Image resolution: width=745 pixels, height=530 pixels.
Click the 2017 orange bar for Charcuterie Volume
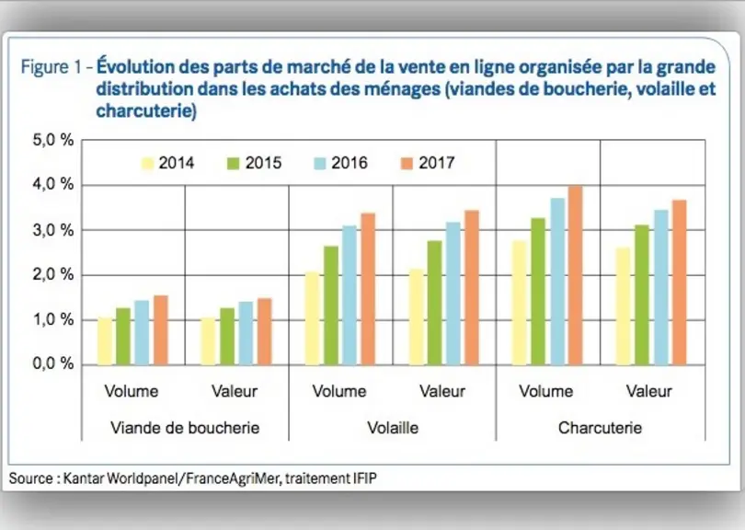tap(576, 276)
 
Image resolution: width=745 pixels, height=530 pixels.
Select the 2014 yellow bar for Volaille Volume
tap(312, 318)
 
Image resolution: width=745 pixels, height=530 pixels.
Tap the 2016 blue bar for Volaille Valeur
tap(453, 294)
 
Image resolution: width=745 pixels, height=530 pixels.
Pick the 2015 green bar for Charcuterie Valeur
tap(642, 295)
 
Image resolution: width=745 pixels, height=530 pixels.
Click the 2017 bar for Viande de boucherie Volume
tap(161, 330)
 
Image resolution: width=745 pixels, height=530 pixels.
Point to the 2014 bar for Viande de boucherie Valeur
tap(208, 341)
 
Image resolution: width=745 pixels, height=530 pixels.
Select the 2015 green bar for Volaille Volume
tap(331, 305)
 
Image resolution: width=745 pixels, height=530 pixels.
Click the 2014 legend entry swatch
tap(148, 164)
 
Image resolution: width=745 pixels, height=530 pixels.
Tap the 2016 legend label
tap(350, 163)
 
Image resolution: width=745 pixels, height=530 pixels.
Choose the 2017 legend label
tap(437, 163)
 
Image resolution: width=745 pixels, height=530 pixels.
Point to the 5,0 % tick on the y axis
tap(52, 140)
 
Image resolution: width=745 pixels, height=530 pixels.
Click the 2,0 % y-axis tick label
tap(52, 275)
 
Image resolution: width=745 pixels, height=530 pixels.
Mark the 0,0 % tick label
tap(52, 364)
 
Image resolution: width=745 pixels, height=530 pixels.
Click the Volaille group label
tap(393, 428)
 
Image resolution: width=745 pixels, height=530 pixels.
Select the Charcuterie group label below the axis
tap(600, 428)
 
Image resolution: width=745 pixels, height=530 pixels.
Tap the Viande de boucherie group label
tap(185, 428)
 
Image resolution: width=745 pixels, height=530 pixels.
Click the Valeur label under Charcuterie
tap(649, 391)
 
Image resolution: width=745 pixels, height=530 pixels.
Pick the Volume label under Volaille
tap(339, 391)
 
